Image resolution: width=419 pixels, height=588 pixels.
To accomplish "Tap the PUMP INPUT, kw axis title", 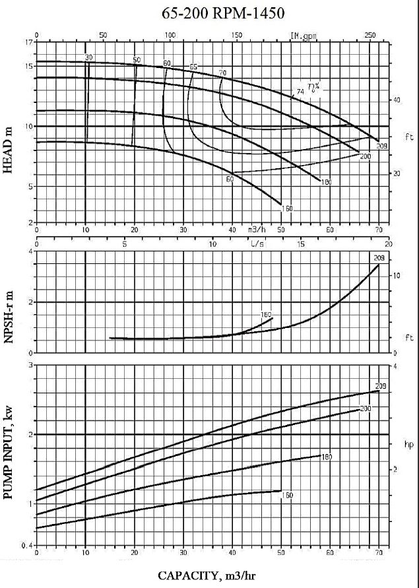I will (9, 455).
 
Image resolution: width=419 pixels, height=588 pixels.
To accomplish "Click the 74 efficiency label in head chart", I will (301, 91).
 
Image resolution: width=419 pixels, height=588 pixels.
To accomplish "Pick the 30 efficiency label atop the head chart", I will (89, 58).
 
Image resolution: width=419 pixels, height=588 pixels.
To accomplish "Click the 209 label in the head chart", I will (381, 145).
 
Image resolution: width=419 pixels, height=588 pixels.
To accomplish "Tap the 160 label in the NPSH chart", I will (266, 314).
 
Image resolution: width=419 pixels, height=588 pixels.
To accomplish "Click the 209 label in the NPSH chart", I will (379, 258).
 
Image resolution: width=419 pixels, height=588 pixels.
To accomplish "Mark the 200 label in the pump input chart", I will (366, 409).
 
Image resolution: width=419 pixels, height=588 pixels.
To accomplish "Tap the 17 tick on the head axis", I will (28, 42).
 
